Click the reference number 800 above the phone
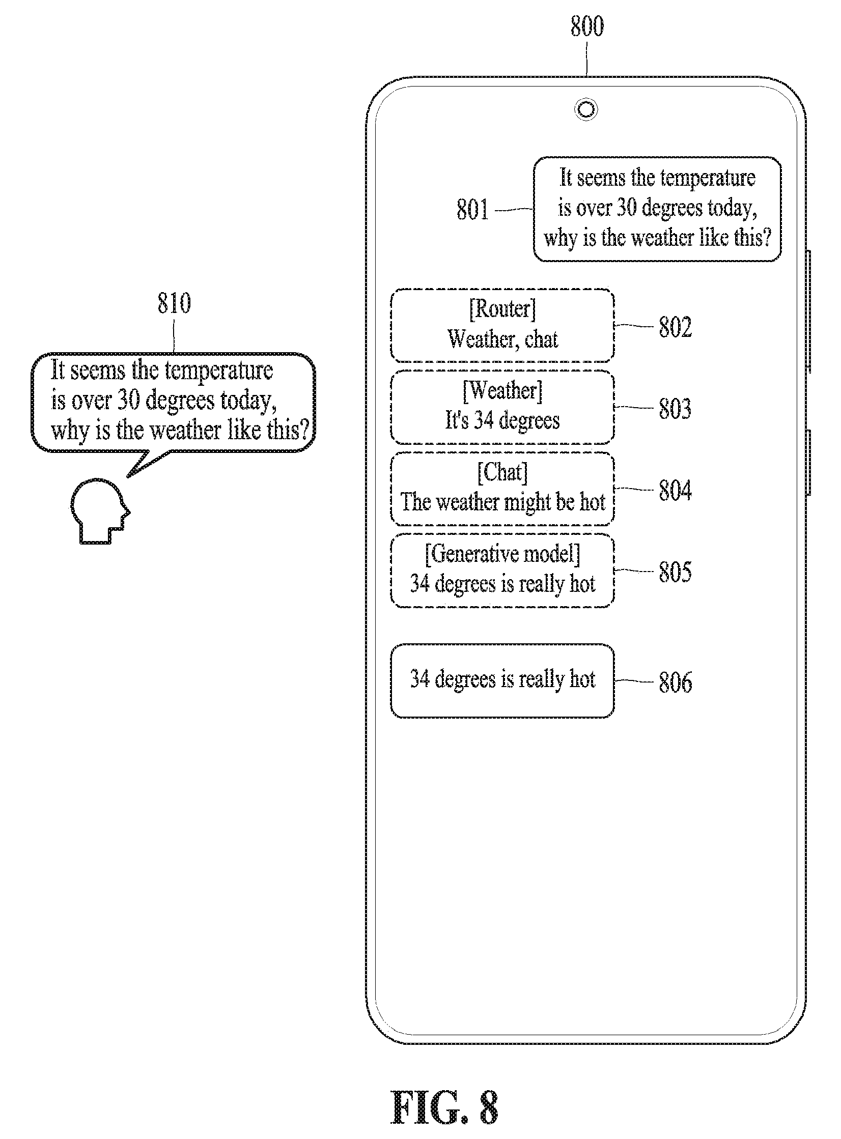[x=587, y=26]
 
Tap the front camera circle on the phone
[x=586, y=109]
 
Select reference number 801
[x=472, y=210]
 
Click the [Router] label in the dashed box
[x=502, y=309]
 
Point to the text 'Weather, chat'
[x=503, y=339]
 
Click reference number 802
[x=676, y=327]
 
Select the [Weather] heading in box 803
[x=502, y=391]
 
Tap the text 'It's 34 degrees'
[x=502, y=420]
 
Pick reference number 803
[x=675, y=409]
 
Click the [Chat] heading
[x=502, y=472]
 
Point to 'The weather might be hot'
[x=503, y=502]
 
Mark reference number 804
[x=675, y=491]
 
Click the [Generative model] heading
[x=502, y=554]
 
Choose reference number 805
[x=675, y=572]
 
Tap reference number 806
[x=676, y=682]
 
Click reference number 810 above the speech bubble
[x=174, y=303]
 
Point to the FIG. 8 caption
[x=444, y=1107]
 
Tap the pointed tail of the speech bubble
[x=127, y=477]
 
